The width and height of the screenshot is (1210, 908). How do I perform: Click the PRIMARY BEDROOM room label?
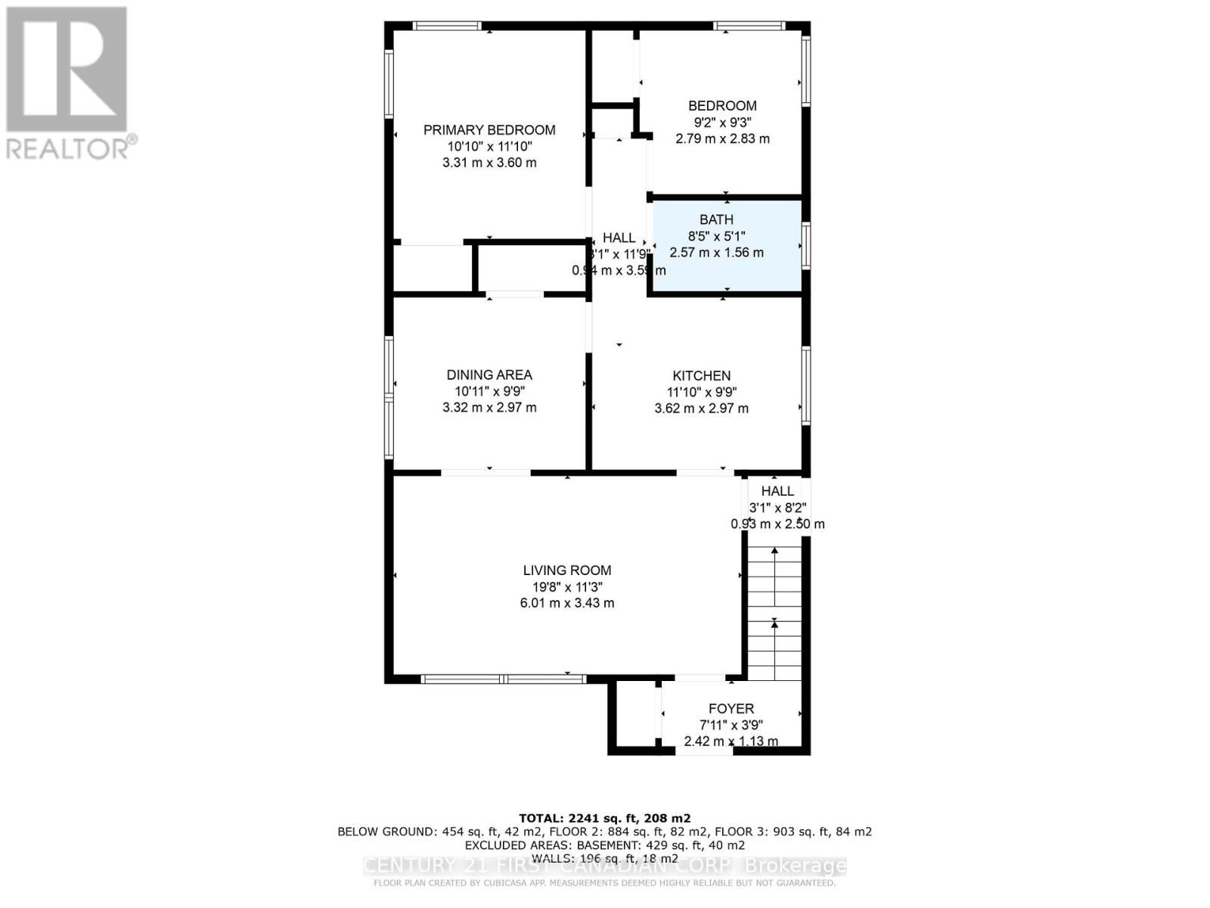click(489, 130)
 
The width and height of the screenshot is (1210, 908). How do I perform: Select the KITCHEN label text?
click(701, 375)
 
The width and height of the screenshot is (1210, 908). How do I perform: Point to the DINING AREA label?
click(489, 375)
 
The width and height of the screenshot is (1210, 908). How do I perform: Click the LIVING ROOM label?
click(566, 571)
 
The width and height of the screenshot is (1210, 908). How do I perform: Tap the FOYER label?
click(731, 709)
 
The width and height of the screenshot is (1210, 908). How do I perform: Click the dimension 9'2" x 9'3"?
click(722, 123)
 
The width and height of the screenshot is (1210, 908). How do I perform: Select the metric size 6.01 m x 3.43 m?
click(566, 603)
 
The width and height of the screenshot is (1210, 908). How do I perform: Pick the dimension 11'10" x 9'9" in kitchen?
click(701, 392)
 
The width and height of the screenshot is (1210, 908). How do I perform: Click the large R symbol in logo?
click(67, 69)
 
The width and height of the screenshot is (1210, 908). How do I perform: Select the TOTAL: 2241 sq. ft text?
click(604, 818)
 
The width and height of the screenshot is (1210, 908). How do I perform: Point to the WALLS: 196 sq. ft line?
click(604, 858)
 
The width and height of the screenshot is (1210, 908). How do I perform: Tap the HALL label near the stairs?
click(777, 491)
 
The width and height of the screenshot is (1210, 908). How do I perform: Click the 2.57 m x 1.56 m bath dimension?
click(716, 253)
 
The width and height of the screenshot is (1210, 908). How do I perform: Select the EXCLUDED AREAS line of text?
click(604, 845)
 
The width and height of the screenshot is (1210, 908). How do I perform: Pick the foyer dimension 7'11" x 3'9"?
click(731, 725)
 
